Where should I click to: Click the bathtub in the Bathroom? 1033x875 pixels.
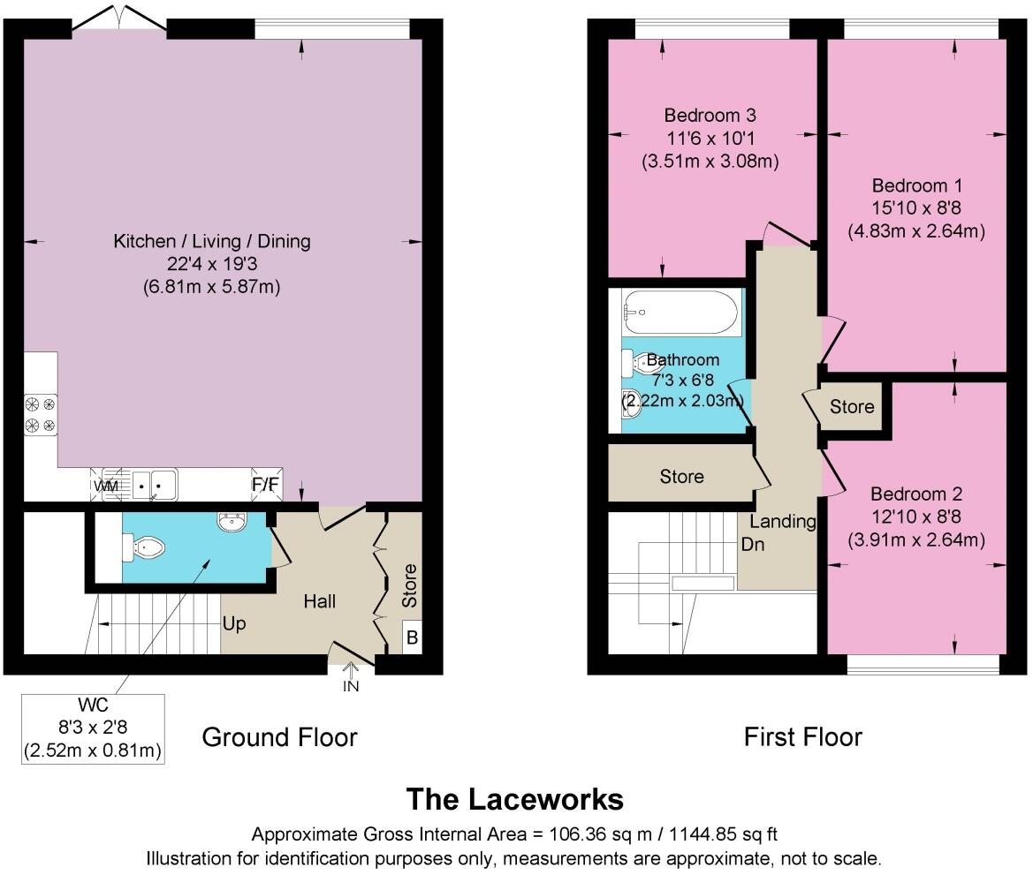click(681, 312)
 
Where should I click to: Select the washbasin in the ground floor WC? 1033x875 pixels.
click(232, 523)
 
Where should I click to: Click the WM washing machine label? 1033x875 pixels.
click(105, 485)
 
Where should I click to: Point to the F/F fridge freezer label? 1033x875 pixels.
click(266, 485)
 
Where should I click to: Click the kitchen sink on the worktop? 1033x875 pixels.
click(153, 484)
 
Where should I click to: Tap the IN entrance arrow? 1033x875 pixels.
click(351, 679)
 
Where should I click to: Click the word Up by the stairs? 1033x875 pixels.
click(234, 623)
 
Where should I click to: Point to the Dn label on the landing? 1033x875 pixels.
click(752, 545)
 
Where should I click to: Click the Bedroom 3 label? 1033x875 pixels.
click(710, 116)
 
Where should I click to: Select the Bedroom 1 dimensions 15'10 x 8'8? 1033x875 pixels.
click(915, 209)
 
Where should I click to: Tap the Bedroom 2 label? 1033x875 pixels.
click(915, 494)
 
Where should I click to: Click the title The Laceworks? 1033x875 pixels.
click(514, 800)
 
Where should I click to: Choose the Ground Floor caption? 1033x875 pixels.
click(279, 737)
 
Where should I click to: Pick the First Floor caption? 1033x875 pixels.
click(802, 737)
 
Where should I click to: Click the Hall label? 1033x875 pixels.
click(320, 601)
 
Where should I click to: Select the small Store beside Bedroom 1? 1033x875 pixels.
click(852, 407)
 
